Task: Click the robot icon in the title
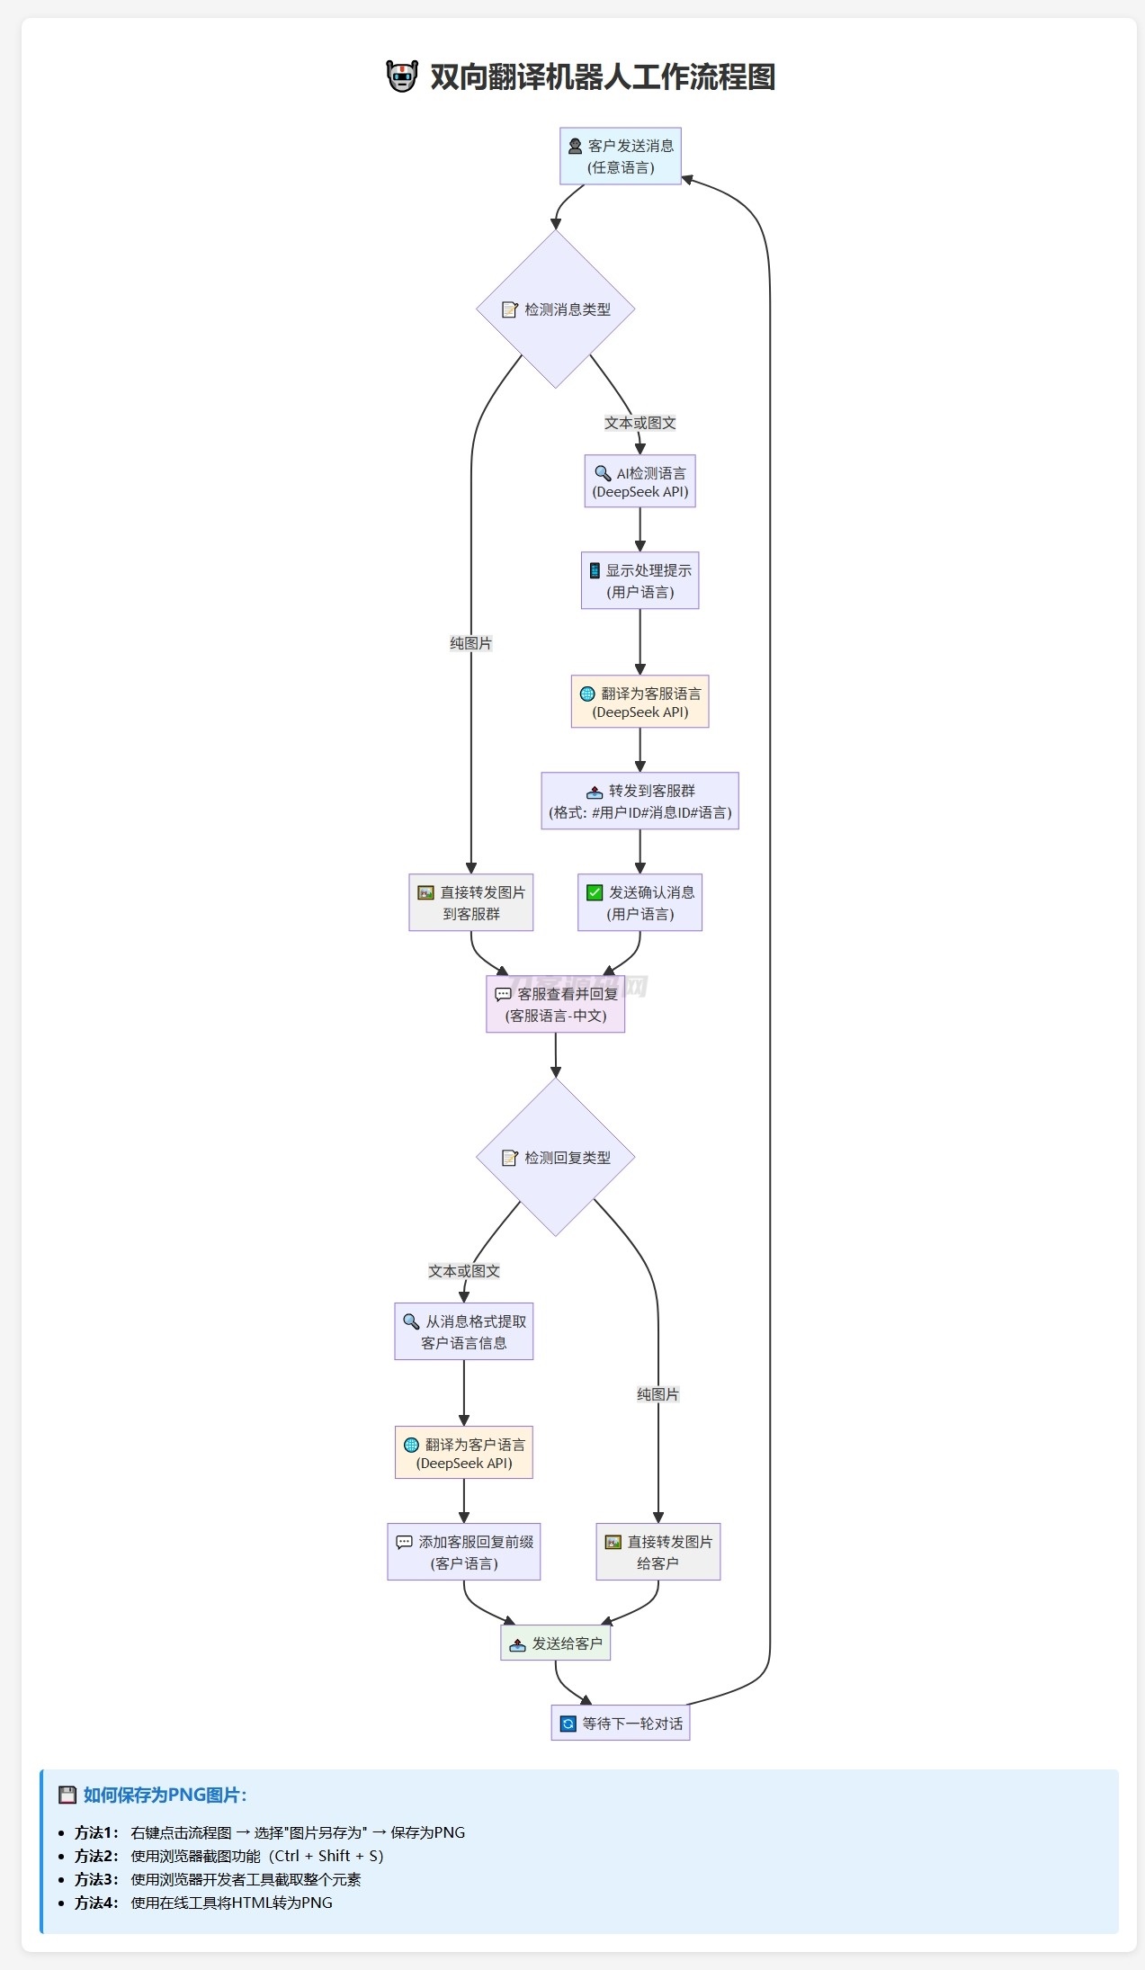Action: [x=402, y=76]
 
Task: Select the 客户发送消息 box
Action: [x=621, y=157]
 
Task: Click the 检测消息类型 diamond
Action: [x=556, y=309]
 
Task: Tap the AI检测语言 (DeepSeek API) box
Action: [x=640, y=482]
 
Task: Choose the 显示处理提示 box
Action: [x=640, y=581]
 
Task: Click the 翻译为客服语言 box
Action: [x=640, y=702]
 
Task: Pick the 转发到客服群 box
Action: [x=640, y=801]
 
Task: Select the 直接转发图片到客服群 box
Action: [x=470, y=902]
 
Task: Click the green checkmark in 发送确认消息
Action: [x=595, y=892]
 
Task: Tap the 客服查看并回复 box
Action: [x=556, y=1004]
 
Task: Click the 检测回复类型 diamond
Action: [x=556, y=1158]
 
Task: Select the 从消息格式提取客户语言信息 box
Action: [x=464, y=1331]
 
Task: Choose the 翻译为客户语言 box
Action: [x=464, y=1453]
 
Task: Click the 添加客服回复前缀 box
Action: [x=464, y=1552]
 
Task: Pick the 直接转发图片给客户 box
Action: [x=657, y=1552]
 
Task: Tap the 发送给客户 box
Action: [x=556, y=1643]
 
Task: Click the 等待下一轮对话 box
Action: [x=621, y=1724]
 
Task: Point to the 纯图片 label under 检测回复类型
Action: [x=657, y=1394]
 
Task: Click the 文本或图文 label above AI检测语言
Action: [x=640, y=423]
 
